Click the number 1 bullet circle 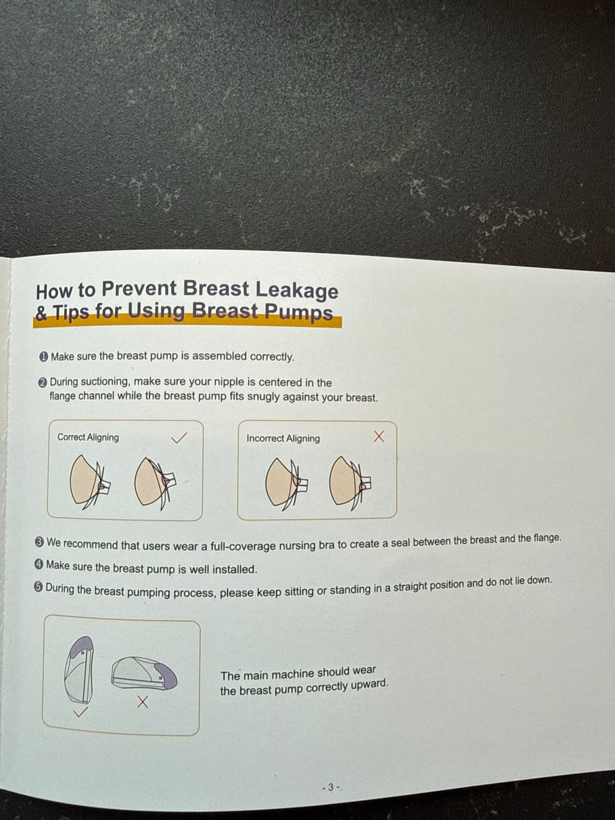click(44, 357)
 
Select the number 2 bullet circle click(43, 382)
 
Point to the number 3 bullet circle click(40, 542)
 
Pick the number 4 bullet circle click(39, 564)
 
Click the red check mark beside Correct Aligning click(179, 438)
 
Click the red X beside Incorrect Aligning click(379, 436)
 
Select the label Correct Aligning click(88, 437)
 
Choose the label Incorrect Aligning click(283, 438)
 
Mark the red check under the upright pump click(81, 712)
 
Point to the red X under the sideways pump click(143, 702)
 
